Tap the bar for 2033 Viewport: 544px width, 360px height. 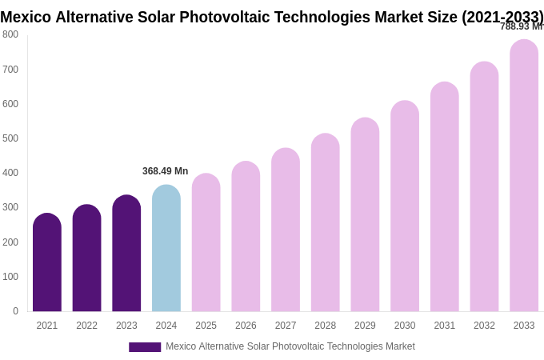pyautogui.click(x=524, y=176)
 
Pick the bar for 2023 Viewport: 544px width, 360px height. pyautogui.click(x=126, y=254)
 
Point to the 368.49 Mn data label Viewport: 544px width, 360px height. pyautogui.click(x=165, y=171)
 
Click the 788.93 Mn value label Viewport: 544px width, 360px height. pyautogui.click(x=521, y=26)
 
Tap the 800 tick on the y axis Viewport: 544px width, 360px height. pyautogui.click(x=10, y=34)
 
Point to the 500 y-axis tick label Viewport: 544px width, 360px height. pyautogui.click(x=10, y=138)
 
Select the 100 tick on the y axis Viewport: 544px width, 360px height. pyautogui.click(x=10, y=277)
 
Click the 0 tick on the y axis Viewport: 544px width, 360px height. pyautogui.click(x=15, y=311)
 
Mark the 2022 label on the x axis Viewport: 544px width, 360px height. pyautogui.click(x=86, y=326)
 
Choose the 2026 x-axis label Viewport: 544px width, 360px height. pyautogui.click(x=246, y=326)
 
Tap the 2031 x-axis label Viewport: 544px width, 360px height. pyautogui.click(x=445, y=326)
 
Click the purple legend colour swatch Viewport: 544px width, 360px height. pyautogui.click(x=145, y=347)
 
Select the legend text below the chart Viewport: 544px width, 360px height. pyautogui.click(x=290, y=346)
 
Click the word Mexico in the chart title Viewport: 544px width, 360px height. pyautogui.click(x=26, y=17)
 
